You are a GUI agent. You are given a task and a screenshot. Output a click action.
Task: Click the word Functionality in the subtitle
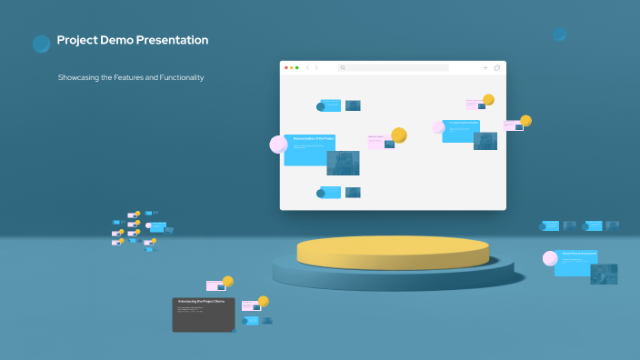(x=178, y=77)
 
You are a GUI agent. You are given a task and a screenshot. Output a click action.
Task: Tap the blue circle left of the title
(x=41, y=44)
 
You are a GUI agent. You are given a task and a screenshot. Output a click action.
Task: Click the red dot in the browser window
(x=285, y=67)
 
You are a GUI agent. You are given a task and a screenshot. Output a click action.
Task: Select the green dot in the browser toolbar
(x=297, y=67)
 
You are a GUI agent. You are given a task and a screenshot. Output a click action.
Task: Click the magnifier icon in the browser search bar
(x=343, y=67)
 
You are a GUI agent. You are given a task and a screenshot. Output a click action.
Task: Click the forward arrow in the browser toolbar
(x=316, y=67)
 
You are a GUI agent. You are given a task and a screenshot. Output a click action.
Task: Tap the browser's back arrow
(x=307, y=67)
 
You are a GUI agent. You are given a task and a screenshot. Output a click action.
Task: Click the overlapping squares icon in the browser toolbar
(x=497, y=67)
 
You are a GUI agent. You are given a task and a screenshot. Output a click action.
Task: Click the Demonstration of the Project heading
(x=314, y=139)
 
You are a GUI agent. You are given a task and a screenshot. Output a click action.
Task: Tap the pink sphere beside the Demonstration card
(x=278, y=144)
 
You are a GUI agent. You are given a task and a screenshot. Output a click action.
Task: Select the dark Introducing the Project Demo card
(x=204, y=314)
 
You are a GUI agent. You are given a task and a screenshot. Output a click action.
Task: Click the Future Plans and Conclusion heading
(x=579, y=254)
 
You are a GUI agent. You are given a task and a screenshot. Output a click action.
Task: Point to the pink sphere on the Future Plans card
(x=550, y=258)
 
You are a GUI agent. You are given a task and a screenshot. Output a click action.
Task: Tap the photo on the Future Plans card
(x=604, y=274)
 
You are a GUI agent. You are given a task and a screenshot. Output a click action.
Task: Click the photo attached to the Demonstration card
(x=343, y=163)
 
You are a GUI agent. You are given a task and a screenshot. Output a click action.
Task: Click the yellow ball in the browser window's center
(x=398, y=135)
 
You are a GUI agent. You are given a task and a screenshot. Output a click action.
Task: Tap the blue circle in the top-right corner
(x=559, y=35)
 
